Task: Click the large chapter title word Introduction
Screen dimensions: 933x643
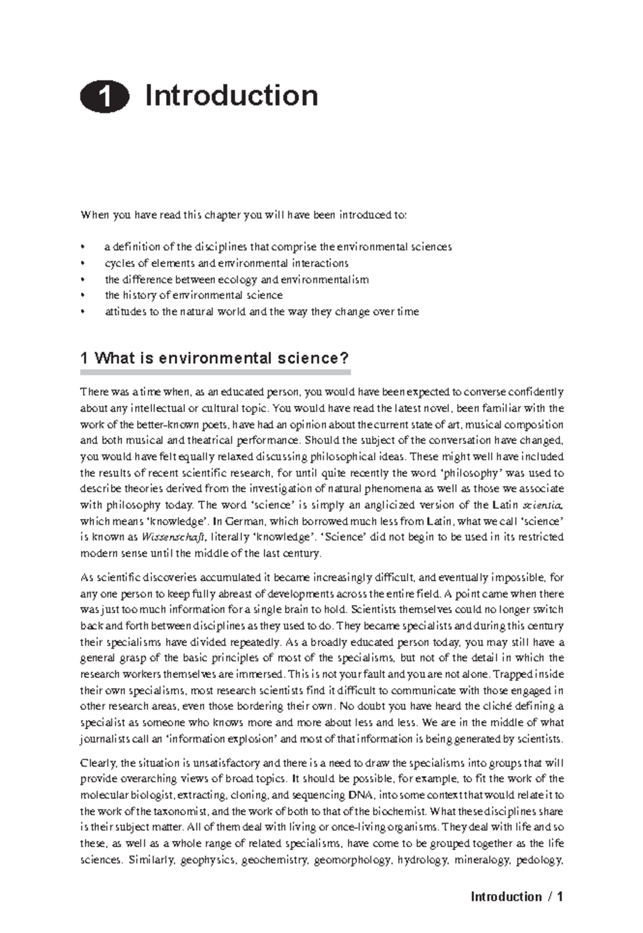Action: click(x=231, y=96)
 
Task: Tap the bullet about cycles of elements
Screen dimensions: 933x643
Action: click(x=226, y=263)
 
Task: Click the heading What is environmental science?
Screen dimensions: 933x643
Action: click(x=214, y=358)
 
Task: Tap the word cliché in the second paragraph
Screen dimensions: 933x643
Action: click(x=499, y=706)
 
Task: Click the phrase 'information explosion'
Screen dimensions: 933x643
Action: click(x=222, y=739)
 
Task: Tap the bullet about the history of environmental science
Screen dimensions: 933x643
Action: click(x=193, y=295)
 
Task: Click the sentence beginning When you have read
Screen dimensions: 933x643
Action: click(x=244, y=215)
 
